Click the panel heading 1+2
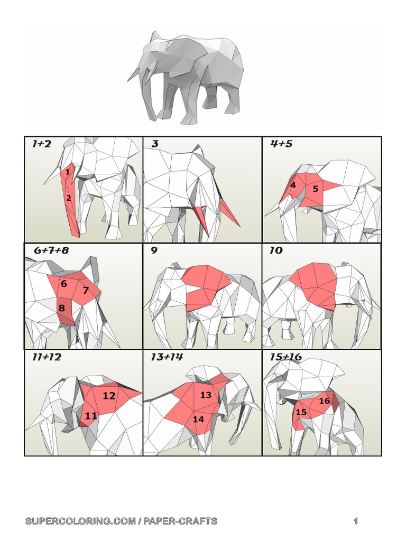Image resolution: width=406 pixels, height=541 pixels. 41,144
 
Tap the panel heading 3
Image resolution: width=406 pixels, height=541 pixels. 155,144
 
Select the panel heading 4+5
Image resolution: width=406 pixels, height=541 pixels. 281,144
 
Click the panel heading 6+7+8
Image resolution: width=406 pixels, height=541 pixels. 51,251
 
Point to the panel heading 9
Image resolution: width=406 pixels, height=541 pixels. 154,251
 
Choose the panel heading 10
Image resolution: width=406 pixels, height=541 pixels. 275,251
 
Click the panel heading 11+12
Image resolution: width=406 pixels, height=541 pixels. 47,357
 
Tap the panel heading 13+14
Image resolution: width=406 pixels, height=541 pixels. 167,357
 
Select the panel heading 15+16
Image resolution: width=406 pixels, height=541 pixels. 285,357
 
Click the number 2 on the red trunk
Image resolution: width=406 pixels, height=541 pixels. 69,198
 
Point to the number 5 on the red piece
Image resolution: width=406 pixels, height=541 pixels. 315,189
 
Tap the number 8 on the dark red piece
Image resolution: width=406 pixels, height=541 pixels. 62,308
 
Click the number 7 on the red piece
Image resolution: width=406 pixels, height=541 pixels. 85,290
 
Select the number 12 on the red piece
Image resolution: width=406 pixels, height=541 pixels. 109,396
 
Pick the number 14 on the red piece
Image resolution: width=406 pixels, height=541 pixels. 198,419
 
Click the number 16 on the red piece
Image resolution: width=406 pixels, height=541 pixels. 325,401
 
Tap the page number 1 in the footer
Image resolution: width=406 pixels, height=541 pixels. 356,521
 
